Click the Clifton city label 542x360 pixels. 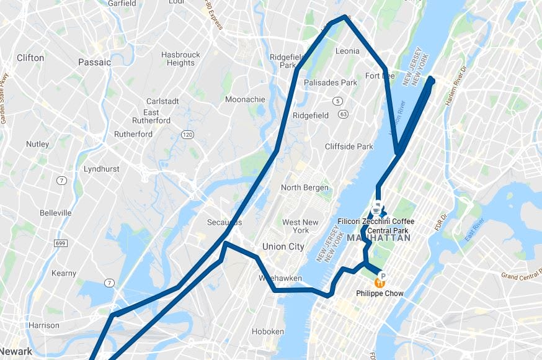pyautogui.click(x=30, y=58)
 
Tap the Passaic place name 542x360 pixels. pyautogui.click(x=94, y=62)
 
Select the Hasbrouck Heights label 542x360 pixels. pyautogui.click(x=180, y=58)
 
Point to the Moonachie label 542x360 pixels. pyautogui.click(x=245, y=99)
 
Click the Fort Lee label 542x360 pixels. pyautogui.click(x=380, y=76)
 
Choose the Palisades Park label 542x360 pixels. pyautogui.click(x=330, y=83)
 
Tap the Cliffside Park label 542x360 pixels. pyautogui.click(x=349, y=146)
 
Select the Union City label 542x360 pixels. pyautogui.click(x=283, y=246)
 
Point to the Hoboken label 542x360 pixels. pyautogui.click(x=268, y=331)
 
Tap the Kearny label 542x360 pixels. pyautogui.click(x=64, y=273)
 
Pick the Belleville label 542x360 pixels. pyautogui.click(x=56, y=212)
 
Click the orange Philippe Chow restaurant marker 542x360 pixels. pyautogui.click(x=381, y=278)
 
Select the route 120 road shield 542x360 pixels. pyautogui.click(x=187, y=135)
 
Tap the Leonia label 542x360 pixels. pyautogui.click(x=347, y=51)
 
